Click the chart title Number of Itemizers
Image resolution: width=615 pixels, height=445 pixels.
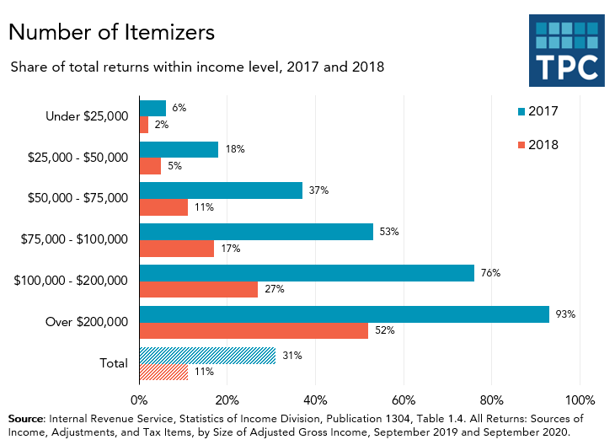111,32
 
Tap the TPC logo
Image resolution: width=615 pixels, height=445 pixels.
566,51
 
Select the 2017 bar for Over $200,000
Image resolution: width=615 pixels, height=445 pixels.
344,314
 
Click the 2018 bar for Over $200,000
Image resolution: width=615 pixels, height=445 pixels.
254,330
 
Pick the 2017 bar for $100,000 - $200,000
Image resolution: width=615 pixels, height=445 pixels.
307,273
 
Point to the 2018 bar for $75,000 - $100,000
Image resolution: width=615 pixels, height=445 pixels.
176,249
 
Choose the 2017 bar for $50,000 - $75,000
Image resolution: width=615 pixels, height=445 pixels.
221,190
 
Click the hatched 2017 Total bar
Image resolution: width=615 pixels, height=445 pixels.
207,356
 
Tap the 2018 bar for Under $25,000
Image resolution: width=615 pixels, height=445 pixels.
143,125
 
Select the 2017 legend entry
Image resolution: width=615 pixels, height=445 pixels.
536,111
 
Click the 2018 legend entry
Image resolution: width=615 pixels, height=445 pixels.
536,145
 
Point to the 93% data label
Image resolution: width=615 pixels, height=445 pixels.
564,314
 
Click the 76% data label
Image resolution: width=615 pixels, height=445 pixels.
490,273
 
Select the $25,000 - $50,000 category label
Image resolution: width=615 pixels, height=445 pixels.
78,158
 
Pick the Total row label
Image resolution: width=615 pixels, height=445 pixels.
113,364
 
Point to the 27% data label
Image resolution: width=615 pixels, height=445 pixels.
274,289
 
